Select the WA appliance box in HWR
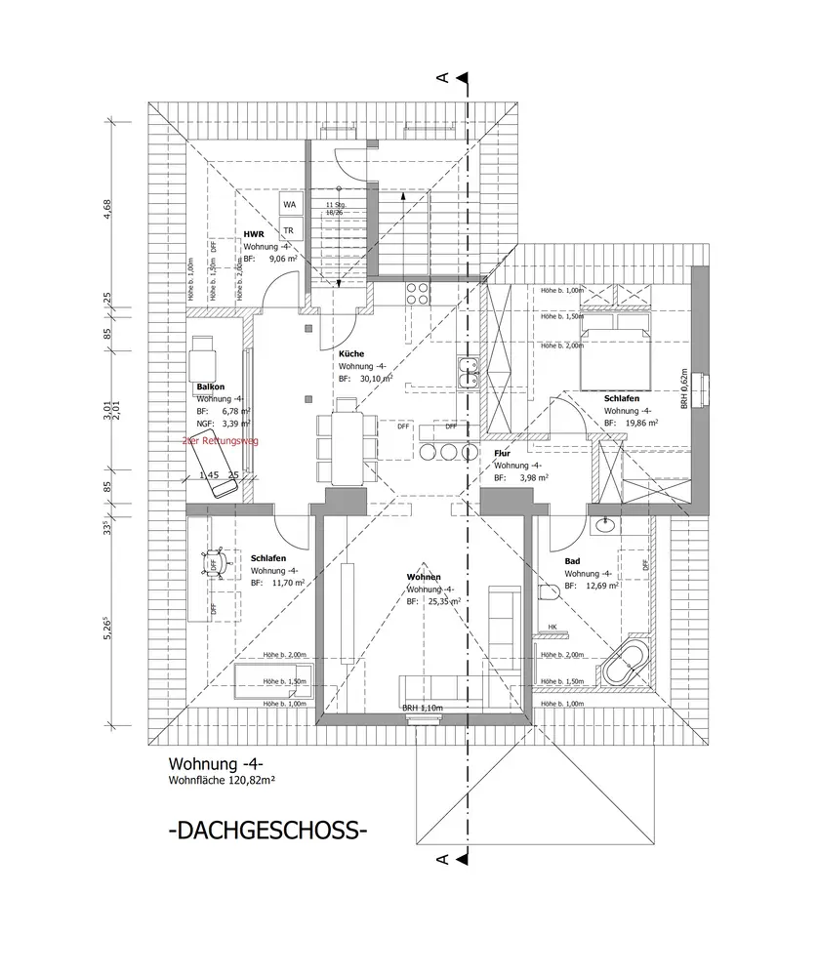289,204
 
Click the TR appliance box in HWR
289,230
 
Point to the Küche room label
351,353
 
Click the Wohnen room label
426,577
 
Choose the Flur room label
503,454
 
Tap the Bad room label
572,561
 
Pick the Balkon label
210,387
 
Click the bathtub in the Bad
627,664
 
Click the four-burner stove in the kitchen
418,294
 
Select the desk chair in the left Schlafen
215,562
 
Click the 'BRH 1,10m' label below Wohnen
423,709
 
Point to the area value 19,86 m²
641,425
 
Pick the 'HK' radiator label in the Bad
552,627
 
